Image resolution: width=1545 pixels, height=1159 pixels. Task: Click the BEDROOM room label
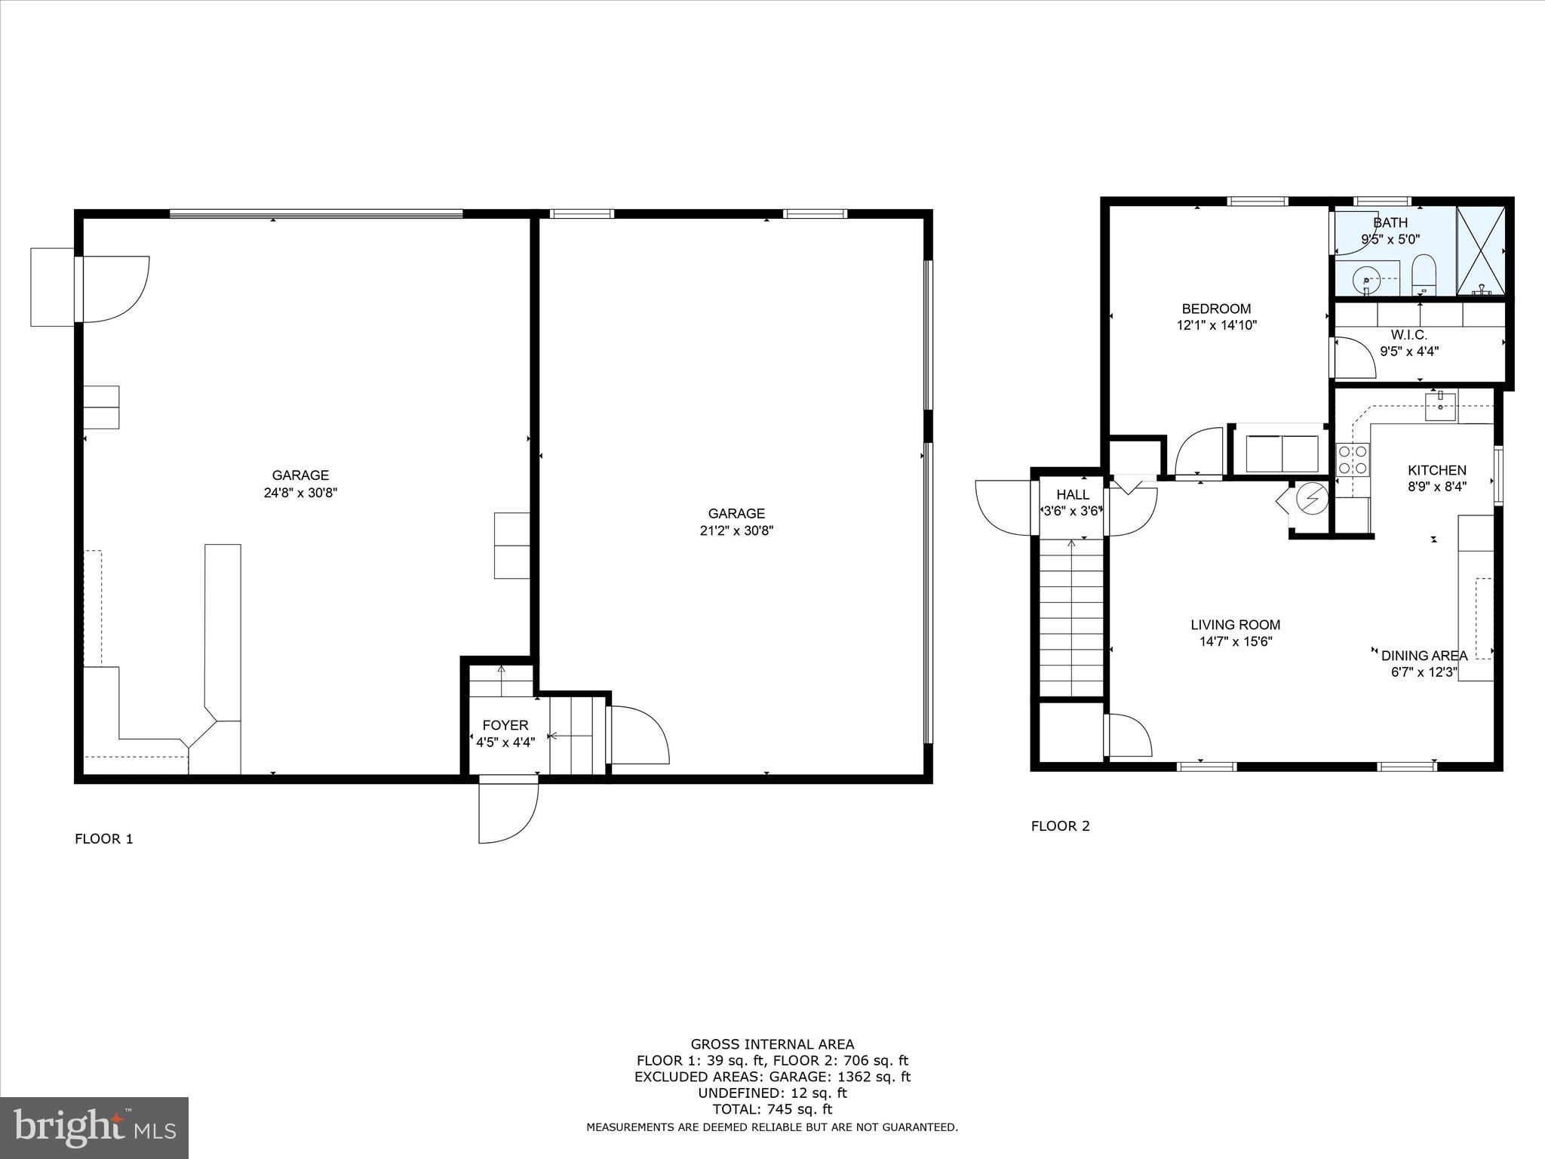(1216, 309)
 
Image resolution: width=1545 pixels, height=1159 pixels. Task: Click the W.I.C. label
(1408, 335)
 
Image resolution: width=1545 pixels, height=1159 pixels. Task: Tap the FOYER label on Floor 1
(505, 725)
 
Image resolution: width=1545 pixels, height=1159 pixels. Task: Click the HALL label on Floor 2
(1072, 494)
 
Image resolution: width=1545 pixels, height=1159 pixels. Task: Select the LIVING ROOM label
(1235, 625)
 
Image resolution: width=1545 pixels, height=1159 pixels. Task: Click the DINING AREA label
(1424, 656)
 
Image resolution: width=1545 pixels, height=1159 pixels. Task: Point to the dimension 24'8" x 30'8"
(299, 493)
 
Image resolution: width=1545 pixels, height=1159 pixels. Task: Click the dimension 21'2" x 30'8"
(736, 530)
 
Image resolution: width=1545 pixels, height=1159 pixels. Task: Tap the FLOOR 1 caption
(104, 838)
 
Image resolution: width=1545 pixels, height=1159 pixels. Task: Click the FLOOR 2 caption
(1060, 826)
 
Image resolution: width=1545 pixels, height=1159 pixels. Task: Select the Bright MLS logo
(94, 1128)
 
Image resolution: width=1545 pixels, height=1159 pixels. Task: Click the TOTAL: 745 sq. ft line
(772, 1109)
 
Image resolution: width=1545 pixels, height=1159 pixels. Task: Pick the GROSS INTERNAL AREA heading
(772, 1044)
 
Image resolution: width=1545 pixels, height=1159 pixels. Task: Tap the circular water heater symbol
(1310, 499)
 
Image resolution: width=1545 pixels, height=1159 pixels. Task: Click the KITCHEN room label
(1437, 470)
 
